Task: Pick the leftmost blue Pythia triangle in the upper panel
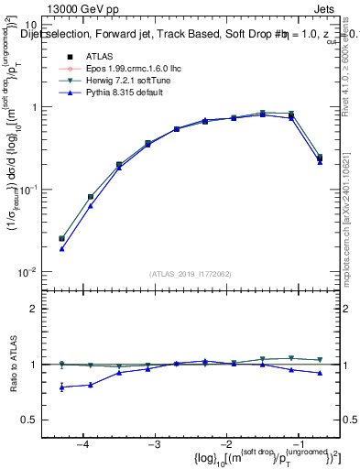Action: [x=61, y=248]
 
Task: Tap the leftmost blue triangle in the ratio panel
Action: [x=61, y=387]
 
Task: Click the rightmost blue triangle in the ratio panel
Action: [x=320, y=373]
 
